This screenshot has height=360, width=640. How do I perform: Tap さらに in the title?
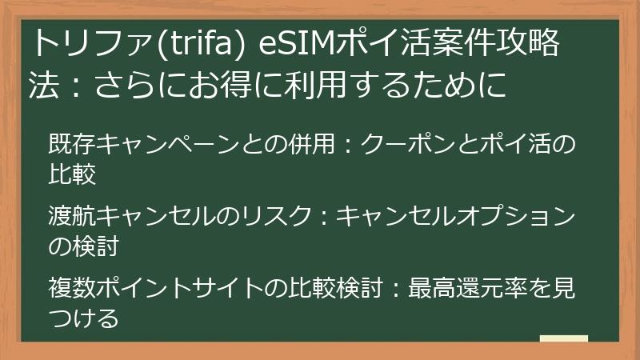click(x=129, y=86)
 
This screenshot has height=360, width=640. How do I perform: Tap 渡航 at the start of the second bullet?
click(x=64, y=218)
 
